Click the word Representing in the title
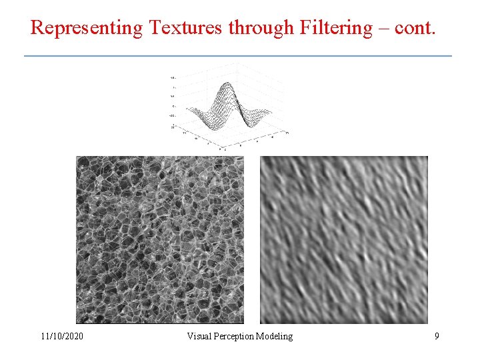tap(86, 28)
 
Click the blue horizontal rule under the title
tap(237, 55)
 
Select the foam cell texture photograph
tap(159, 240)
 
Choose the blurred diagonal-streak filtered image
tap(343, 240)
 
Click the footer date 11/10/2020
tap(62, 337)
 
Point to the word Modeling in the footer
tap(276, 337)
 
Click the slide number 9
tap(437, 337)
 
